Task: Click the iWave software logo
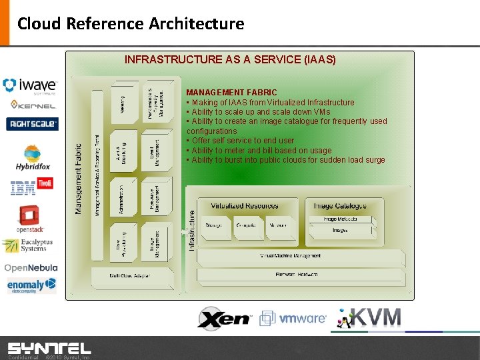[x=30, y=85]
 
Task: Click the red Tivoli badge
[x=45, y=183]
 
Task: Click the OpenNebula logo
[x=31, y=267]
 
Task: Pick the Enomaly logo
[x=31, y=285]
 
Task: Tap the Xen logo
[x=223, y=318]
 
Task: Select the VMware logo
[x=293, y=318]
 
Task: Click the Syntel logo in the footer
[x=49, y=347]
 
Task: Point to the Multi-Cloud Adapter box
[x=129, y=275]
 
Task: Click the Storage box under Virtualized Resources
[x=214, y=225]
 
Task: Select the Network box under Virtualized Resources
[x=277, y=225]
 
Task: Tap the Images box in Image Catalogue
[x=340, y=230]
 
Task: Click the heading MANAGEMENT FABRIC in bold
[x=231, y=92]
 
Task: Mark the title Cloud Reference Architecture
[x=131, y=24]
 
